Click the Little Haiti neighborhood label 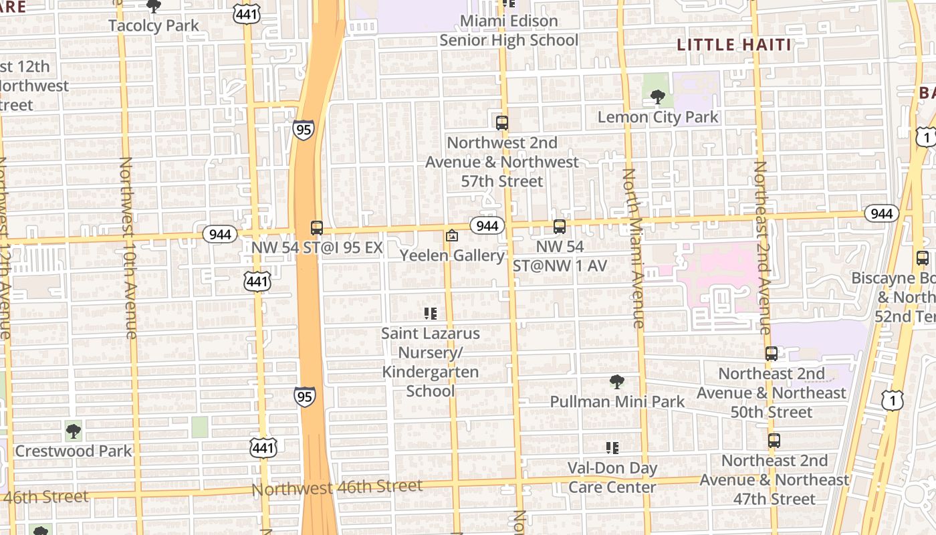[x=734, y=45]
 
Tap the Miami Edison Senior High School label [x=509, y=31]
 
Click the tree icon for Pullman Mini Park [x=617, y=382]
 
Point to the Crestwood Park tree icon [x=74, y=431]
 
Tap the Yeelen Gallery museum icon [x=452, y=235]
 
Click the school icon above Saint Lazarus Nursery [x=431, y=313]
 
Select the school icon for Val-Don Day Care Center [x=612, y=448]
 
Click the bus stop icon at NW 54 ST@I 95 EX [x=317, y=228]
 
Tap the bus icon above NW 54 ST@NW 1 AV [x=560, y=227]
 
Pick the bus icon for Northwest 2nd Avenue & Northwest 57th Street [x=502, y=123]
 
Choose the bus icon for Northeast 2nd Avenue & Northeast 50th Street [x=772, y=354]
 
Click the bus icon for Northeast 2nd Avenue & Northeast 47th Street [x=774, y=441]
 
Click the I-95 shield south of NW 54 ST [x=304, y=396]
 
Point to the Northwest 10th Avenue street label [x=128, y=247]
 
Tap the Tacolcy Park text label [x=154, y=26]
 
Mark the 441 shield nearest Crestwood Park [x=263, y=447]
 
